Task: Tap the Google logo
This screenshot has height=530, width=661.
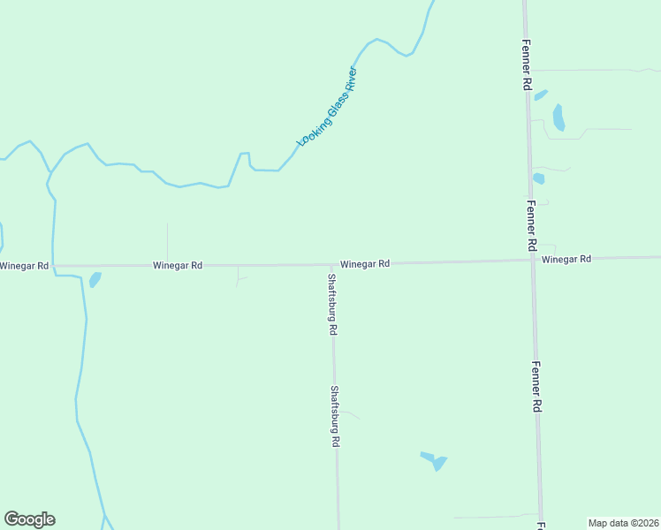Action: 29,519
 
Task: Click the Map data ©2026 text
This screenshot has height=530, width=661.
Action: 623,523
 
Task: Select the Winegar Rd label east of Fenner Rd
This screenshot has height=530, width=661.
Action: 566,259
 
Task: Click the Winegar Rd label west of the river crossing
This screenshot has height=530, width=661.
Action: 24,266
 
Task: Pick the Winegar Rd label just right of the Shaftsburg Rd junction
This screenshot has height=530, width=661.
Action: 365,263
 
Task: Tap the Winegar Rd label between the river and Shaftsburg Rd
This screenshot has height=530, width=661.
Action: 178,265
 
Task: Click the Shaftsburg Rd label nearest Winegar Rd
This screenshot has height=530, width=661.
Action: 332,304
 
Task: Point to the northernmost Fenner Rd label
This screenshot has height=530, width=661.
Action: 525,64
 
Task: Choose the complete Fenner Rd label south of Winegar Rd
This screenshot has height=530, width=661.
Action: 536,387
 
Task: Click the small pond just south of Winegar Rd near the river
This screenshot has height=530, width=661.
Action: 95,280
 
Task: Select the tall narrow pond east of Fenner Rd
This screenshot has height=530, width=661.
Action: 558,117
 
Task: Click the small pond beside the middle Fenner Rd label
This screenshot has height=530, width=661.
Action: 538,178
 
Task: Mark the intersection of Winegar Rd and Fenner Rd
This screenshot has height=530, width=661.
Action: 532,260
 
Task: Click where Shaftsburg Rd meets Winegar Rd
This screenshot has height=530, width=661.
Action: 332,264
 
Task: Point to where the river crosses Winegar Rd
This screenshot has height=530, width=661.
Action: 53,265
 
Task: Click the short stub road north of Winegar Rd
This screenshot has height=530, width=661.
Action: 167,242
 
